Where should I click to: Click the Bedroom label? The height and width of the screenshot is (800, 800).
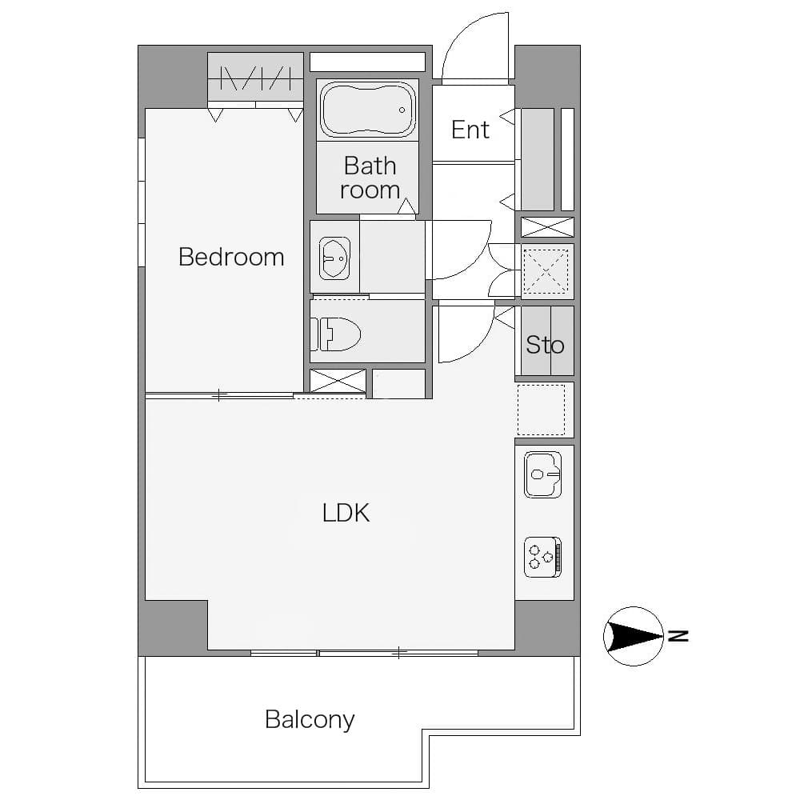tap(231, 257)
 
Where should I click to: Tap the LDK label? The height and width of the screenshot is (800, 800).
tap(346, 514)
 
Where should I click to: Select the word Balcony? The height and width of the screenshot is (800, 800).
tap(310, 720)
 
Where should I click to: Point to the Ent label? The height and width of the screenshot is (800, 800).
tap(470, 130)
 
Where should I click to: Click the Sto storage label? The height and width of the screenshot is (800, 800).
tap(545, 346)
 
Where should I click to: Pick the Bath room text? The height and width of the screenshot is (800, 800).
tap(370, 178)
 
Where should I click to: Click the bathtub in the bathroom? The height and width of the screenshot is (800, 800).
tap(366, 110)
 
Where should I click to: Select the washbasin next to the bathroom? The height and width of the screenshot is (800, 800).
tap(334, 258)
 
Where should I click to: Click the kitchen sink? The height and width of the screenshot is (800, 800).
tap(542, 474)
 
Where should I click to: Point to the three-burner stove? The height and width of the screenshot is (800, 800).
tap(543, 557)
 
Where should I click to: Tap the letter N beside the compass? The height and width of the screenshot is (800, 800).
tap(678, 636)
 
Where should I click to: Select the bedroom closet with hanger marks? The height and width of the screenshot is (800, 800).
tap(256, 77)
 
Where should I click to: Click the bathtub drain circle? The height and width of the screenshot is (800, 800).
tap(402, 110)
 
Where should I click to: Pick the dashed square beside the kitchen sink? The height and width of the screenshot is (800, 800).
tap(542, 410)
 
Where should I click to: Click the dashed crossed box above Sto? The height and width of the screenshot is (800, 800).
tap(546, 271)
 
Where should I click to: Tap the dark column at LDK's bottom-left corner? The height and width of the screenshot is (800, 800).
tap(173, 627)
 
